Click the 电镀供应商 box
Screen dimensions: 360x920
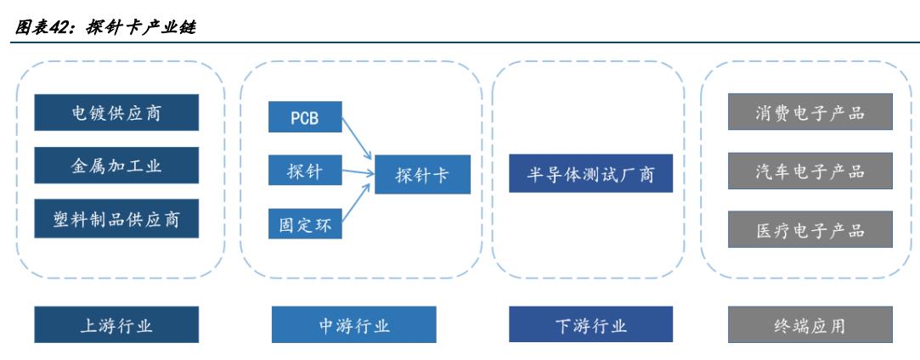point(116,113)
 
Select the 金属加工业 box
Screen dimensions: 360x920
point(116,166)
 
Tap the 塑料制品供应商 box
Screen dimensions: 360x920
point(116,219)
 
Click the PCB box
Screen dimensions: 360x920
point(305,116)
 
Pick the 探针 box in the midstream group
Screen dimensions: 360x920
point(305,172)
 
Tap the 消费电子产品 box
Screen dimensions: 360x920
point(810,114)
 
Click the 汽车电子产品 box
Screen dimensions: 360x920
point(810,171)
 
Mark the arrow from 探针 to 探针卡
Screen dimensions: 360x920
point(357,172)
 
